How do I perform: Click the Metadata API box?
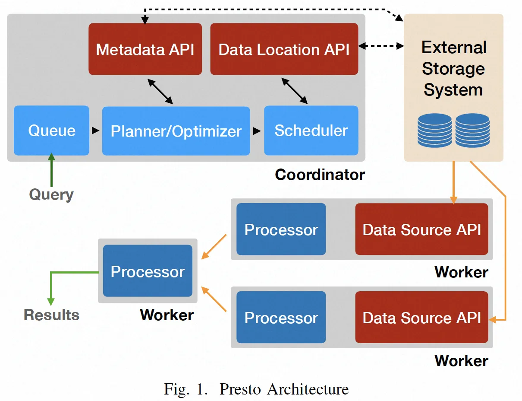coord(145,49)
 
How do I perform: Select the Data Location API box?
coord(284,49)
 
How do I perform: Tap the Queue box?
coord(51,130)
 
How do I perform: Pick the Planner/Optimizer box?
coord(176,131)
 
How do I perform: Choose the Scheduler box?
coord(311,130)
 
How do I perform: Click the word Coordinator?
coord(320,175)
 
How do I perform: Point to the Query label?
coord(51,194)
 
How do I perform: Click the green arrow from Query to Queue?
coord(52,171)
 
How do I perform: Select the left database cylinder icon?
coord(434,130)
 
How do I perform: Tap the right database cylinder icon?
coord(472,130)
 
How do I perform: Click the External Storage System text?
coord(453,69)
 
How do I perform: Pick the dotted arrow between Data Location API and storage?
coord(380,46)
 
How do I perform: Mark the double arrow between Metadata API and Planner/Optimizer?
coord(160,91)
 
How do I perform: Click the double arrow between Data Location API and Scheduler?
coord(295,91)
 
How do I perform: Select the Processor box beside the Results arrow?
coord(148,271)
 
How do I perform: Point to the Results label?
coord(51,315)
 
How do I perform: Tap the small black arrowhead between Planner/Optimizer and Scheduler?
coord(257,131)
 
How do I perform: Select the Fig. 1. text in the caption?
coord(189,389)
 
